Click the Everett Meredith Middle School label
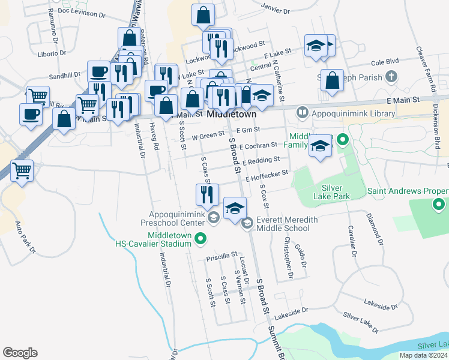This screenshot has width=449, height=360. [287, 224]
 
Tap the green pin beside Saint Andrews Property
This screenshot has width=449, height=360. [440, 206]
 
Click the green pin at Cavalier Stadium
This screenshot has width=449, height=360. [202, 240]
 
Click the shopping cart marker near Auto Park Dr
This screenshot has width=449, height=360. [22, 170]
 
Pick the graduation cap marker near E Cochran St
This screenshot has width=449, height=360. [321, 146]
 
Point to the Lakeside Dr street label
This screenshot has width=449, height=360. [291, 312]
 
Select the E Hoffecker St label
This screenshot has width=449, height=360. [267, 175]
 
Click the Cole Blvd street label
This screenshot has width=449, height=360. [385, 62]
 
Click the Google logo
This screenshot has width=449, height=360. [20, 353]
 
